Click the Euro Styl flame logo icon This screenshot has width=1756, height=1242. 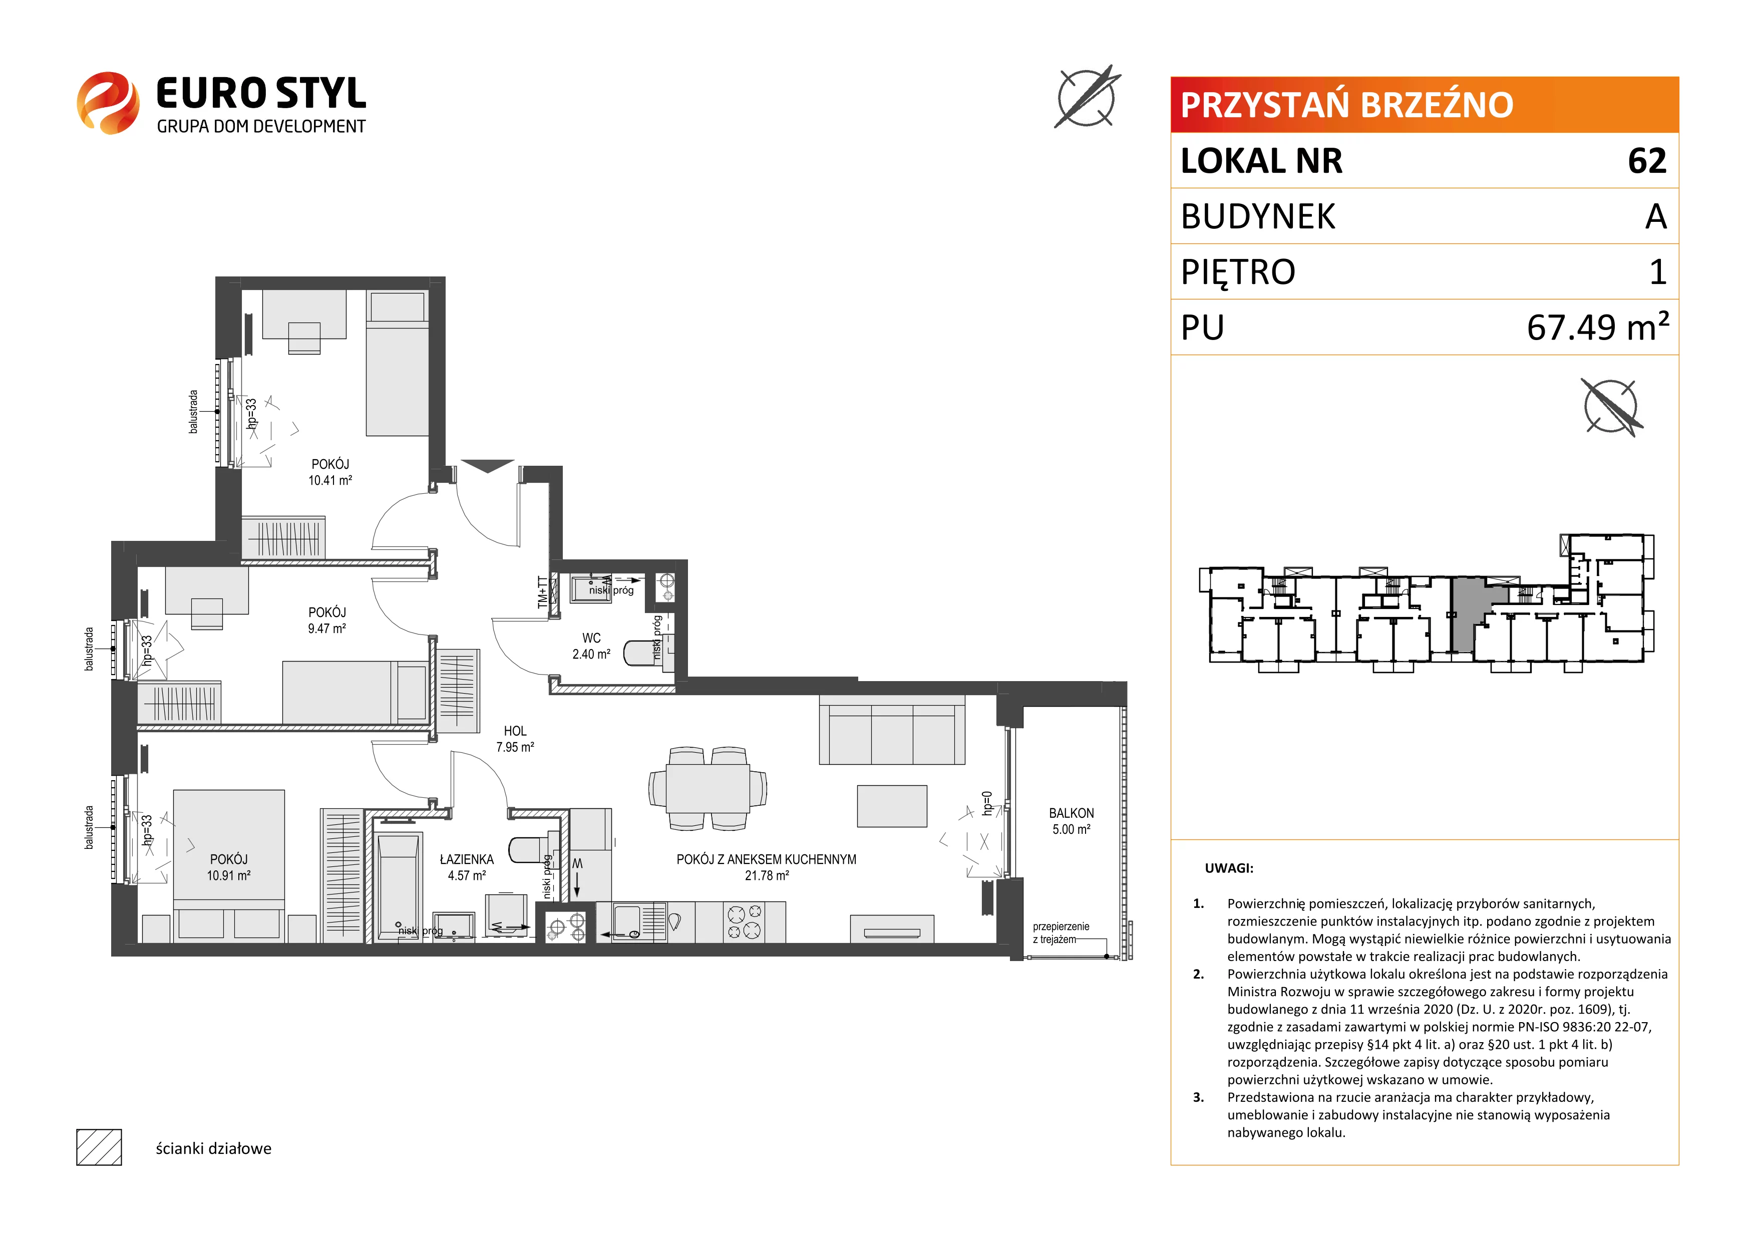click(x=108, y=103)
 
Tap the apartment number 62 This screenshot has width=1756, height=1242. click(x=1647, y=161)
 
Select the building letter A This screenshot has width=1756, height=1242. click(x=1656, y=216)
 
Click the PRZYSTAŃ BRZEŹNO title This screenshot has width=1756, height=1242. click(x=1347, y=105)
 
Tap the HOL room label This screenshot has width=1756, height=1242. click(x=515, y=731)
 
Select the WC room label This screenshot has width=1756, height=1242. click(x=591, y=638)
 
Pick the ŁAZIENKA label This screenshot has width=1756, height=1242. click(x=467, y=859)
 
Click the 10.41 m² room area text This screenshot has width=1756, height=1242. click(x=330, y=480)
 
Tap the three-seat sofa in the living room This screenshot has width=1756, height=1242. click(x=892, y=730)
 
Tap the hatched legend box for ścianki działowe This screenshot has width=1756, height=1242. click(x=100, y=1147)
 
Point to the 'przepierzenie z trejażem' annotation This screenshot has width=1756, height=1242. click(x=1061, y=933)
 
